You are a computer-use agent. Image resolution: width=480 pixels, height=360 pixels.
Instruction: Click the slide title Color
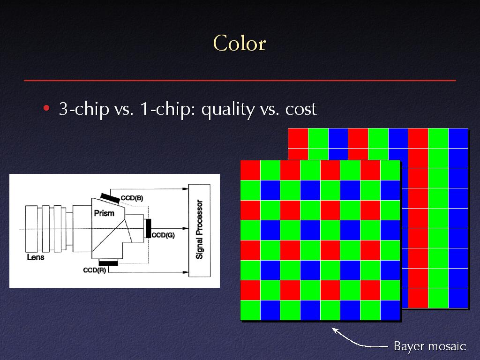point(240,43)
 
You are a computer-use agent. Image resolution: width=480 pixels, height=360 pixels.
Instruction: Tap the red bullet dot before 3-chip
point(46,108)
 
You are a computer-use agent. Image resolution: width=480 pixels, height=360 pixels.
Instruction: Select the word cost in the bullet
point(300,109)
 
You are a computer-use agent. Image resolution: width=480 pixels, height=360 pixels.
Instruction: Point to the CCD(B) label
point(132,198)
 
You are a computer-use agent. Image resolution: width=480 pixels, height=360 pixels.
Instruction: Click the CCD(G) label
point(163,235)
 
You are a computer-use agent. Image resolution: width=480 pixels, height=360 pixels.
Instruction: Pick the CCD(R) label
point(95,270)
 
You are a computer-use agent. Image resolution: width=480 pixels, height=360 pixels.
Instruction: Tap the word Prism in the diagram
point(104,213)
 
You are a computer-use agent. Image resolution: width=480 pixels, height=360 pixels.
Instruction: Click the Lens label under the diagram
point(36,257)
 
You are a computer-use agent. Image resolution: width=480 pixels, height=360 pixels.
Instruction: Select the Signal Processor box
point(199,230)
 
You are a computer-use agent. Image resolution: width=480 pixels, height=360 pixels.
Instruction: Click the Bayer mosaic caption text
point(430,346)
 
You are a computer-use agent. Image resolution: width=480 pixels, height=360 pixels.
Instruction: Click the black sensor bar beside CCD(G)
point(149,228)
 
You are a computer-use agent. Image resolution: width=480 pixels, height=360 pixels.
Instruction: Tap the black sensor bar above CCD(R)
point(108,263)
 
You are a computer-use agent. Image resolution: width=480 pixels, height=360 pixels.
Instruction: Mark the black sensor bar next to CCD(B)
point(110,198)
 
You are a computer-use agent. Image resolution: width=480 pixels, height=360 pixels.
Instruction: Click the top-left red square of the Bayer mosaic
point(250,170)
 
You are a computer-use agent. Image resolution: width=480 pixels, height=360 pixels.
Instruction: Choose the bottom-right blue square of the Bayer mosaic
point(390,310)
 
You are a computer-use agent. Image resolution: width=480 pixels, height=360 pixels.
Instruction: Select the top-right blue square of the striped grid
point(458,138)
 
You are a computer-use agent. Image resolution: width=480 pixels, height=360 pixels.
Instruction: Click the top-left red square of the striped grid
point(298,138)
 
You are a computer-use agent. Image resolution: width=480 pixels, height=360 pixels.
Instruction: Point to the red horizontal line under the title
point(240,80)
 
